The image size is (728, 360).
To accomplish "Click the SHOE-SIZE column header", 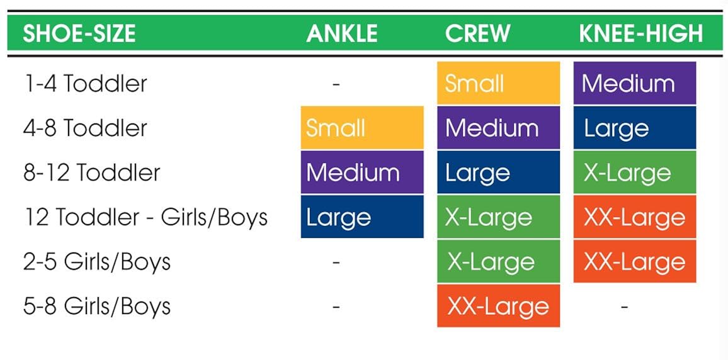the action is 79,34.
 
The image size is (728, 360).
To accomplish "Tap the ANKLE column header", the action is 342,34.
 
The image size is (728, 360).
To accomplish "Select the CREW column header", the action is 477,34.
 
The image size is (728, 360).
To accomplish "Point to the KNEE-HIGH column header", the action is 640,34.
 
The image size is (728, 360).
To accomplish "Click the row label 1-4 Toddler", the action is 85,84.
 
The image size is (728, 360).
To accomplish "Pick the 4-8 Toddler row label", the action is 85,128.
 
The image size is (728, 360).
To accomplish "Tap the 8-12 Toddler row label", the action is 92,173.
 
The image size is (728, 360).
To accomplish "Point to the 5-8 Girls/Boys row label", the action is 97,307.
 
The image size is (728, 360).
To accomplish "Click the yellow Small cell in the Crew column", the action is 498,83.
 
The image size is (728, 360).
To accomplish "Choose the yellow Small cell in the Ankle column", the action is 361,128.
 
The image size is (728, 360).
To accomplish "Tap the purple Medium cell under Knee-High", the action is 634,83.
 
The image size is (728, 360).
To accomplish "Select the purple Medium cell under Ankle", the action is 361,172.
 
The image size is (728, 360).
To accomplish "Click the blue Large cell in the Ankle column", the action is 361,217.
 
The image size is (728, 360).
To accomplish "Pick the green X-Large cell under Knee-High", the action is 634,172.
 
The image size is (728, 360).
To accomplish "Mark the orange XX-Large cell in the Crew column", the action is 498,307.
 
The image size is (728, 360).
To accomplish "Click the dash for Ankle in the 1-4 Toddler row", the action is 336,84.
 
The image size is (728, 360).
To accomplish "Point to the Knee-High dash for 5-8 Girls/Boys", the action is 624,307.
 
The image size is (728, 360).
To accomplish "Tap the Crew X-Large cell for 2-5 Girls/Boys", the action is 498,262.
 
